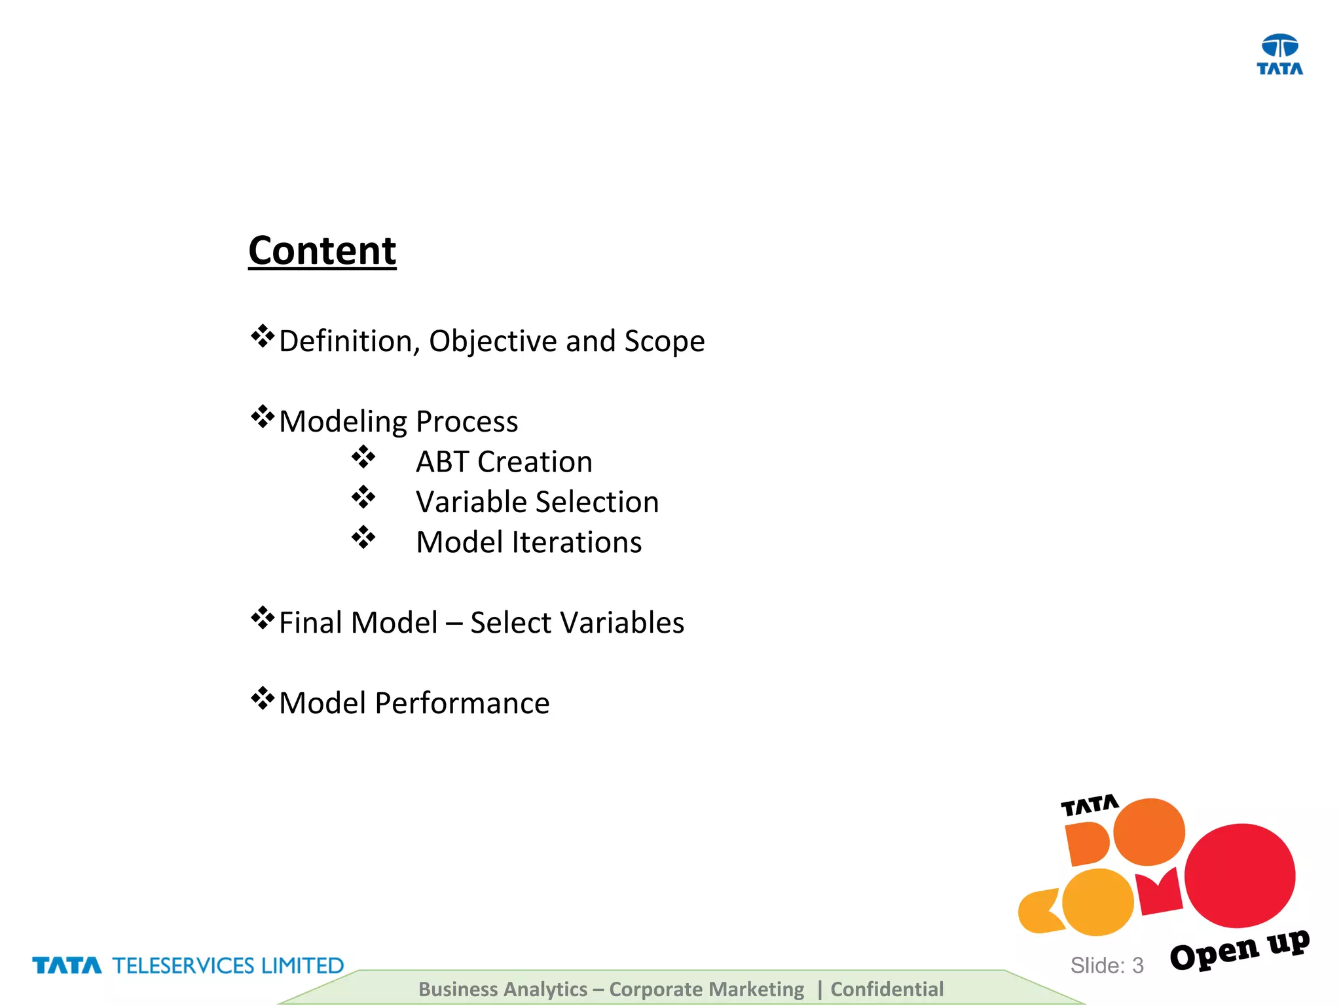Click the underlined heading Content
322,251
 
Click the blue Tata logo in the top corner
1279,54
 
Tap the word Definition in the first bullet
348,341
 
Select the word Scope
664,341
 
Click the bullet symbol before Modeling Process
262,417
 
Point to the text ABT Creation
504,462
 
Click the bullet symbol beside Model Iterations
363,538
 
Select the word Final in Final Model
311,622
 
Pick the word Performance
462,703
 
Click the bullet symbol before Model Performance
262,699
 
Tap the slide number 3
1138,965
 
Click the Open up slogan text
1239,950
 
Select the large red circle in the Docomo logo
1240,875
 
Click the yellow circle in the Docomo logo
1097,902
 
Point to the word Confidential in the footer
887,989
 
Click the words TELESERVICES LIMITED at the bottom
228,965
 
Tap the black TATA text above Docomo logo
1090,806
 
